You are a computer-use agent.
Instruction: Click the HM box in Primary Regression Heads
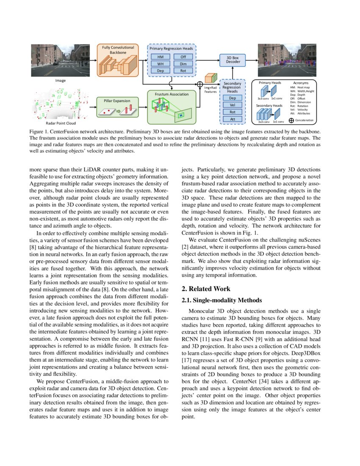tap(161, 57)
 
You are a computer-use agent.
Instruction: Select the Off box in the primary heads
tap(183, 57)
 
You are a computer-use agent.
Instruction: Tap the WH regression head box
tap(161, 64)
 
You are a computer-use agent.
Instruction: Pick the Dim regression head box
tap(183, 64)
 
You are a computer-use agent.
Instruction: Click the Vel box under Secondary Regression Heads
tap(233, 105)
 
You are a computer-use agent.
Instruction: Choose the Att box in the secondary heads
tap(233, 119)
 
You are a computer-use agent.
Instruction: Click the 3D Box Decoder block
tap(233, 59)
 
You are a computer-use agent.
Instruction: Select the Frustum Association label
tap(172, 94)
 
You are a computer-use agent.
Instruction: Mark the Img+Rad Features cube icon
tap(210, 79)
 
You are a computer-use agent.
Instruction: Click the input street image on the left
tap(60, 60)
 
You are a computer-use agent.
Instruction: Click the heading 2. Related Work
tap(206, 289)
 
